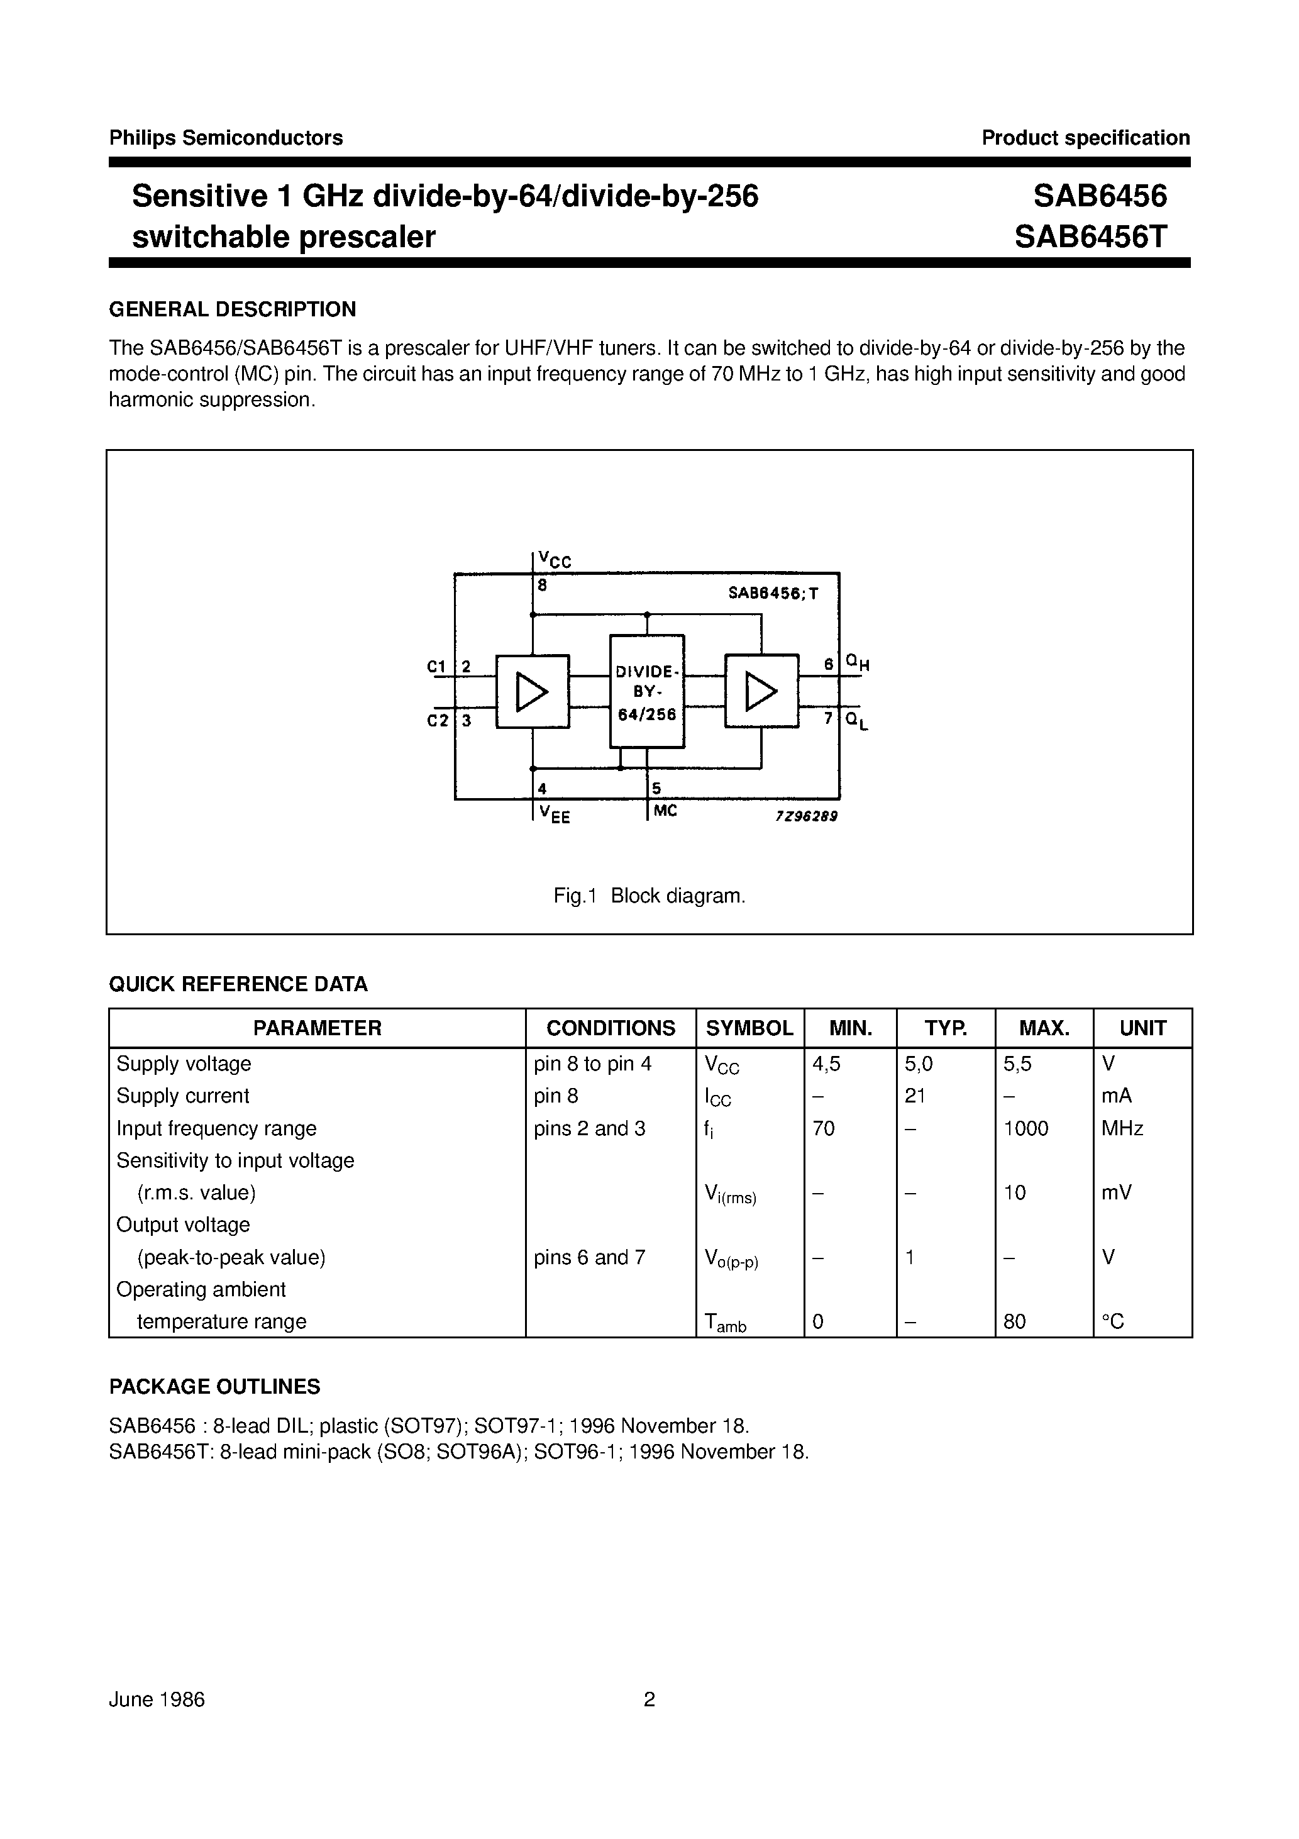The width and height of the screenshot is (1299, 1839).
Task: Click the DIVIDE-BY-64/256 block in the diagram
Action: (647, 691)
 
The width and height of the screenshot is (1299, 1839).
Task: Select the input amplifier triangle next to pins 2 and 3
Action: (532, 692)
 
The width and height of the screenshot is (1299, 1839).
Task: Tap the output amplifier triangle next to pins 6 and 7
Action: (761, 692)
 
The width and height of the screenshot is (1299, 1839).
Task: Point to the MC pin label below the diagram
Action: (665, 811)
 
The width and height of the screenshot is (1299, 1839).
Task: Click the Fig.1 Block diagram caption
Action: (649, 896)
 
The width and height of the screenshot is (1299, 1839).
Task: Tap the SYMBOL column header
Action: (749, 1028)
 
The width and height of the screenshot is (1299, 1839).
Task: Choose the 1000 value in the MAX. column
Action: (1026, 1128)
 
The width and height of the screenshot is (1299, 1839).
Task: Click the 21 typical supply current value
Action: (915, 1096)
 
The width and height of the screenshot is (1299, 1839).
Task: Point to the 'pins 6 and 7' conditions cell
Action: (589, 1257)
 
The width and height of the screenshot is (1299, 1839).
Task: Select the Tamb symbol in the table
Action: (725, 1323)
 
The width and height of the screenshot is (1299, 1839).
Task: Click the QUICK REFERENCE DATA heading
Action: (239, 984)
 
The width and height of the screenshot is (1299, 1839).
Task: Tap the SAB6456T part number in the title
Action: (1091, 236)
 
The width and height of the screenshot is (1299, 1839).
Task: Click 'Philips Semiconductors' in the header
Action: (226, 138)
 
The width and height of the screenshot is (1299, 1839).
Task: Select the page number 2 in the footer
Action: (649, 1699)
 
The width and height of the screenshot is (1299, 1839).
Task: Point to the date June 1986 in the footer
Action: (157, 1699)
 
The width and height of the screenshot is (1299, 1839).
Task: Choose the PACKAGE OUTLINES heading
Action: (214, 1386)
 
